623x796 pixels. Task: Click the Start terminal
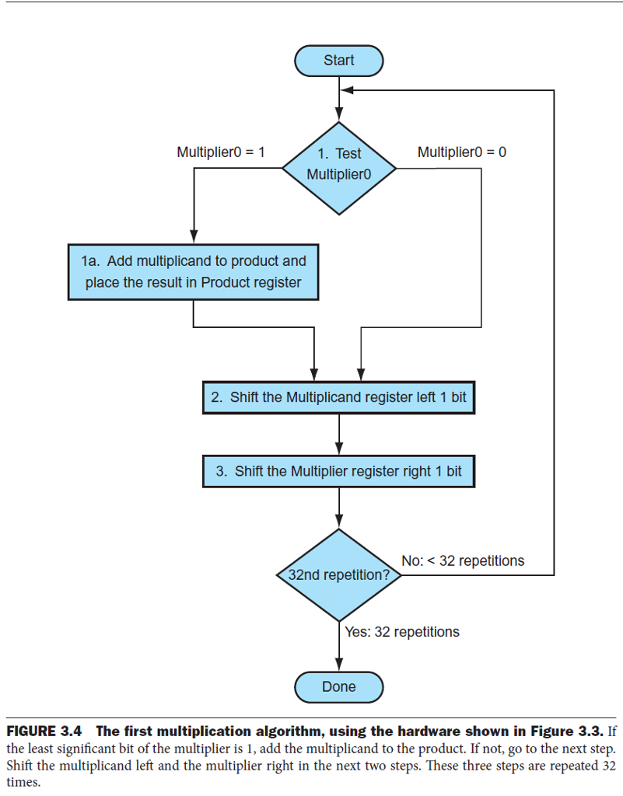338,61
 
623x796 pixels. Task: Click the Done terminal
338,686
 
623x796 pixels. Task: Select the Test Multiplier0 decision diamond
338,167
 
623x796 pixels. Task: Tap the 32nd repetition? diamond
338,575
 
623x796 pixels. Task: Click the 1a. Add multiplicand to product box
193,271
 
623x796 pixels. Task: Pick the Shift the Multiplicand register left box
338,397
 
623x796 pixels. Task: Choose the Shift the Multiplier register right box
338,471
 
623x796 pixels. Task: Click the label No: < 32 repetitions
463,560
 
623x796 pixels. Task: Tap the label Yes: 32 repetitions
402,631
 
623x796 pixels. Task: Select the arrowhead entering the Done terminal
339,665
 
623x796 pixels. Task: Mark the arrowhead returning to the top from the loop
348,90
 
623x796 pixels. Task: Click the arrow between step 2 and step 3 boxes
339,433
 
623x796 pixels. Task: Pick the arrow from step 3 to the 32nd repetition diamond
339,509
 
